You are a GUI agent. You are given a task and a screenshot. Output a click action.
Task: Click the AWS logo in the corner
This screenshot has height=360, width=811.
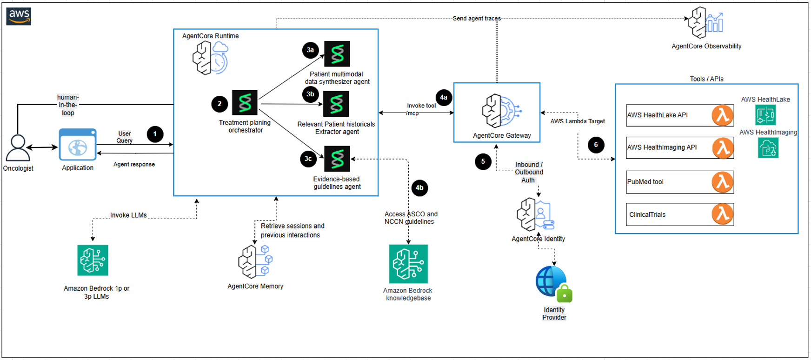(x=19, y=16)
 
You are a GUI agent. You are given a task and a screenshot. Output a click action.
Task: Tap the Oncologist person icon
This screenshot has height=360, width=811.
(x=18, y=148)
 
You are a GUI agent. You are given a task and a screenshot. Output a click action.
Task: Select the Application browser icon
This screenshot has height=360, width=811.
(x=78, y=145)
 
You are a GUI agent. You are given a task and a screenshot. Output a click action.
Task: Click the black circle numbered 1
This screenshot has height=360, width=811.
(x=155, y=134)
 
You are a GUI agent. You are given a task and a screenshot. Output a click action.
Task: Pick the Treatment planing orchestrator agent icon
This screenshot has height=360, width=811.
(x=245, y=102)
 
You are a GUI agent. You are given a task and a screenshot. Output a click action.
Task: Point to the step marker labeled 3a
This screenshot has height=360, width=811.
(x=310, y=50)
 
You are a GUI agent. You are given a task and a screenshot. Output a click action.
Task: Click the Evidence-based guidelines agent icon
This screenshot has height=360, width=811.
(x=337, y=159)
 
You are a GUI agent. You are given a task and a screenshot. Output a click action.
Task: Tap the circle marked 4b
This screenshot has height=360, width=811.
(x=419, y=188)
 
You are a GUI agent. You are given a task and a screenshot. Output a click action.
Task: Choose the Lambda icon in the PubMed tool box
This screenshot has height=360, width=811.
(x=722, y=182)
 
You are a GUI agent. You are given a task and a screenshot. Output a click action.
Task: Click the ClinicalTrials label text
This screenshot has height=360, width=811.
(x=647, y=215)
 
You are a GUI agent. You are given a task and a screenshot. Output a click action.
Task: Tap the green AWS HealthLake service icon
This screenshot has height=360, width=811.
(x=765, y=115)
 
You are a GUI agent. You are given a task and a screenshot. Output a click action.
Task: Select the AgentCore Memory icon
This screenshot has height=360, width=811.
(x=255, y=261)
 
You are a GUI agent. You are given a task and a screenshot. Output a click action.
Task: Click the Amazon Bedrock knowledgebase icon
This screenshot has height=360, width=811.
(x=408, y=264)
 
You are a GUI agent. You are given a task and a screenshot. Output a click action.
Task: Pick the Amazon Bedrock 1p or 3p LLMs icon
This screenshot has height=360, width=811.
(x=93, y=260)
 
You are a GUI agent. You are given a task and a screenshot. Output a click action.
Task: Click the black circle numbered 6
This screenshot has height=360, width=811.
(x=596, y=145)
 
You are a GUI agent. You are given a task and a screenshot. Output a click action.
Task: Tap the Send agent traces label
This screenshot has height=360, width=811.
(x=477, y=19)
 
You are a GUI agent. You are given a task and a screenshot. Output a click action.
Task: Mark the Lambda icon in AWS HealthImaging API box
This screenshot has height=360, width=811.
(x=722, y=148)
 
